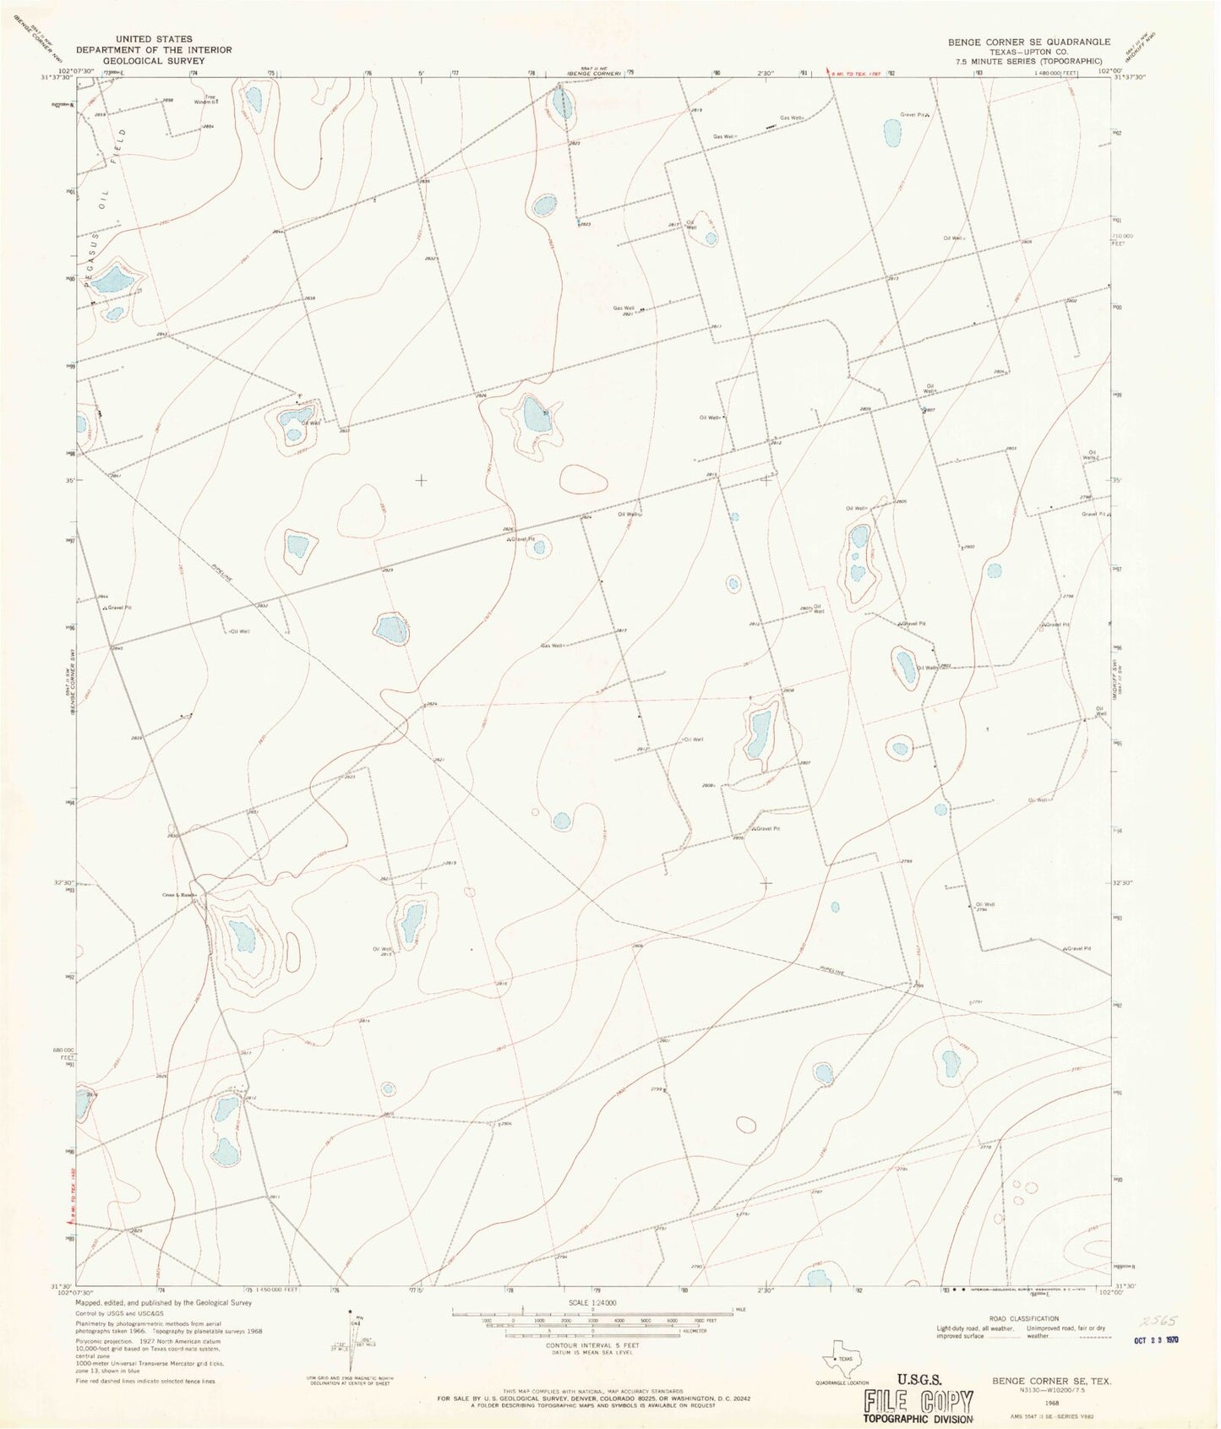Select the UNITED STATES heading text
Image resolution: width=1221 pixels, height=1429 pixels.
click(155, 39)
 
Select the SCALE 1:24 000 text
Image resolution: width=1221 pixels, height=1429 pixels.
click(581, 1302)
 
